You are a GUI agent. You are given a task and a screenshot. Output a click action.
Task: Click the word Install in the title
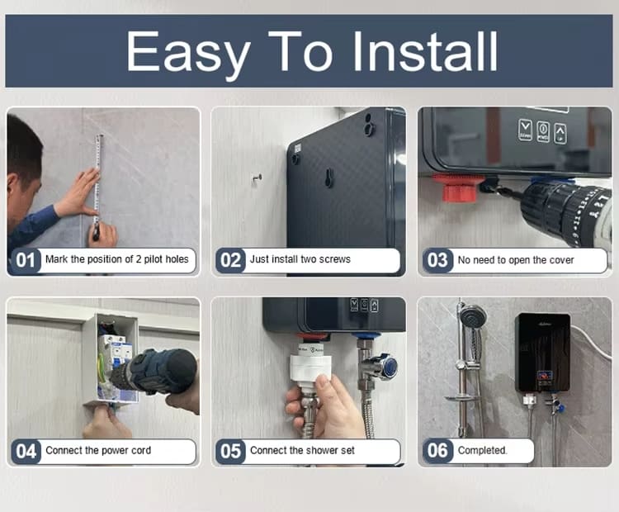tap(425, 51)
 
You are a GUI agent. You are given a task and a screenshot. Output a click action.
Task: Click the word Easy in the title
tap(188, 53)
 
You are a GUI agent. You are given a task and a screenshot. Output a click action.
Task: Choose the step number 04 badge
tap(26, 452)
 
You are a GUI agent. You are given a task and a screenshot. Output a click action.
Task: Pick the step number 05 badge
tap(231, 452)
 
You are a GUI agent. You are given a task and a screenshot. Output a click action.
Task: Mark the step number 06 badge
tap(437, 451)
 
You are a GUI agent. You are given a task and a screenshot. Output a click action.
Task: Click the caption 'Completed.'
tap(483, 451)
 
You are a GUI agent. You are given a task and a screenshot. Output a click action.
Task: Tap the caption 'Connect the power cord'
tap(98, 452)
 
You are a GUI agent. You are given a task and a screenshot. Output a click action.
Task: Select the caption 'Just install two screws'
tap(300, 260)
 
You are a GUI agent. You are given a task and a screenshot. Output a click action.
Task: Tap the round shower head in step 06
tap(473, 316)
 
